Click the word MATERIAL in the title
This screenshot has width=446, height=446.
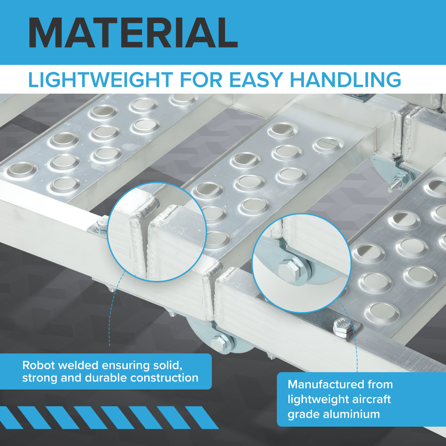[133, 32]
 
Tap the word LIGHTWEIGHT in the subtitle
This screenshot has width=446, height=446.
[101, 80]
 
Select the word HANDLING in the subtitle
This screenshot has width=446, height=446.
[345, 80]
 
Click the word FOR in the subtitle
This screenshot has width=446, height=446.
[201, 80]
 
